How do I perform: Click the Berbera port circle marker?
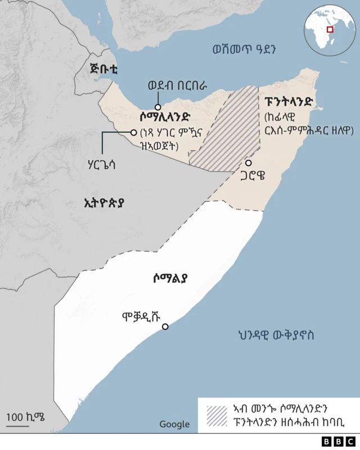pyautogui.click(x=159, y=107)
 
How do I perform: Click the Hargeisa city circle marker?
pyautogui.click(x=134, y=133)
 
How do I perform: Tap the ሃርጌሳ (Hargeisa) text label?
pyautogui.click(x=101, y=166)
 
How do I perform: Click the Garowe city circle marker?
pyautogui.click(x=248, y=163)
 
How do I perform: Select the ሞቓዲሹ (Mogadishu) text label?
pyautogui.click(x=144, y=316)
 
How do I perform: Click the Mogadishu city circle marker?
pyautogui.click(x=165, y=327)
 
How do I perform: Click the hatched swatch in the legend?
pyautogui.click(x=217, y=415)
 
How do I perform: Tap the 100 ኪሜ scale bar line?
pyautogui.click(x=17, y=426)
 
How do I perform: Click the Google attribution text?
pyautogui.click(x=174, y=424)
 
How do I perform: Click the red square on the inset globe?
pyautogui.click(x=330, y=29)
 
